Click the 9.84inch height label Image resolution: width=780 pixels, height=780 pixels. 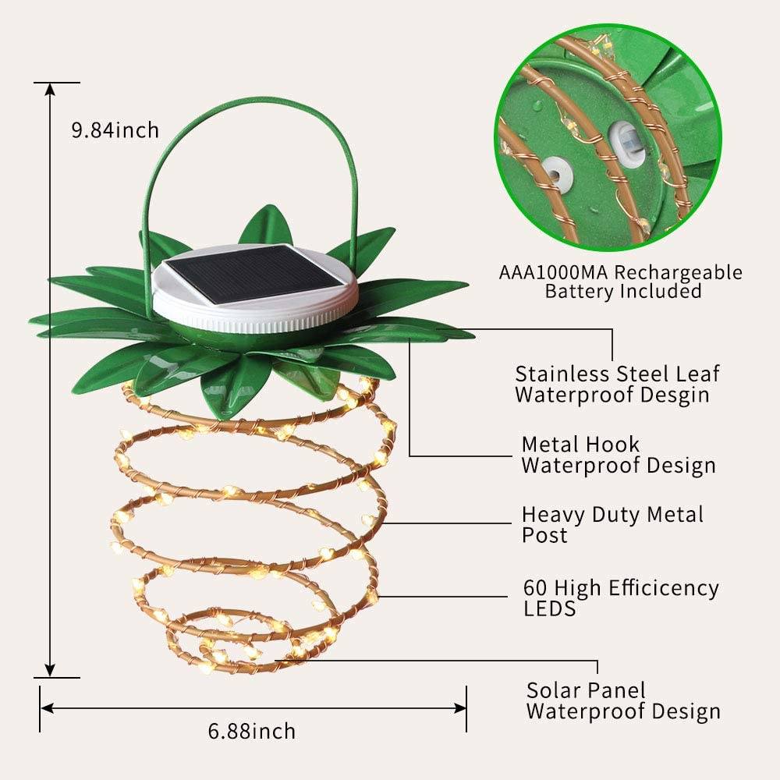click(x=115, y=129)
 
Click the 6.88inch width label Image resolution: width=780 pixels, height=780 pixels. click(x=252, y=731)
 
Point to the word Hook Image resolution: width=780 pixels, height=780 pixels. click(x=613, y=445)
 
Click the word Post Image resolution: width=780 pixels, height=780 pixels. click(x=544, y=536)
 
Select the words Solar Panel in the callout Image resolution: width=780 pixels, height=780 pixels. click(x=587, y=690)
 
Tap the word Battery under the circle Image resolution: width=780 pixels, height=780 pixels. click(x=580, y=292)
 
